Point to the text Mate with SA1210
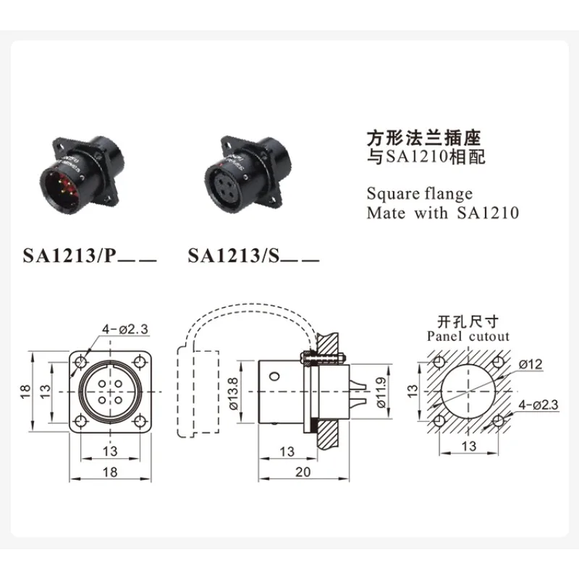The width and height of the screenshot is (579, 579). [x=443, y=214]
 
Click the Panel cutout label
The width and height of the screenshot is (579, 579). [x=468, y=336]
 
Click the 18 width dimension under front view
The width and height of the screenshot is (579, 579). [x=110, y=471]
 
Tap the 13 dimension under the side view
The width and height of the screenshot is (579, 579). [x=287, y=452]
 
